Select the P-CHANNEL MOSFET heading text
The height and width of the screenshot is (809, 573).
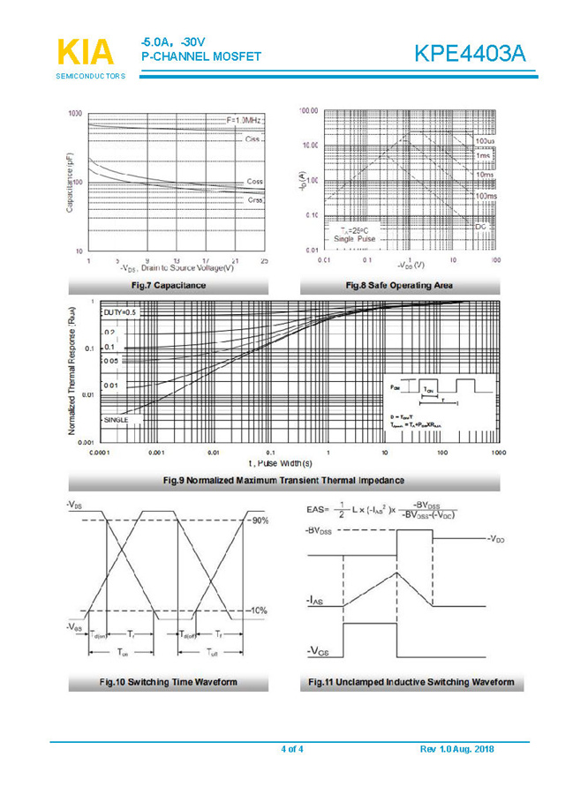point(201,57)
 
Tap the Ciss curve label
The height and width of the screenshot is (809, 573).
point(253,139)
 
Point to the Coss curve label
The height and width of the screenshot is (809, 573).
point(254,181)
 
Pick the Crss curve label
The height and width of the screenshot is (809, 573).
point(255,199)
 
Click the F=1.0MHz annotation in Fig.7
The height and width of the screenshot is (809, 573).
point(245,119)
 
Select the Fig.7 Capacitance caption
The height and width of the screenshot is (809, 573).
point(168,285)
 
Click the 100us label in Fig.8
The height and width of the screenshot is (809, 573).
point(485,141)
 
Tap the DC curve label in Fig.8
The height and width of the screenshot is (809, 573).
point(481,227)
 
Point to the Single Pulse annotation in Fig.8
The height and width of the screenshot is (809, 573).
point(354,239)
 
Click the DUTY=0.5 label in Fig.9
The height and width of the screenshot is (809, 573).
point(119,313)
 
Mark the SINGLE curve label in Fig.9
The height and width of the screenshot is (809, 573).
point(116,420)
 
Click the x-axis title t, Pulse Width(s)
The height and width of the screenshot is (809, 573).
point(280,462)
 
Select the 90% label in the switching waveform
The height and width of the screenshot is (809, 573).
point(260,521)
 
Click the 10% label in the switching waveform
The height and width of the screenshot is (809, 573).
point(260,610)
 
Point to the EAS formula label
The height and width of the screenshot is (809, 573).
point(317,509)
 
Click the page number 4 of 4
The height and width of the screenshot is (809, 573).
point(291,749)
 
